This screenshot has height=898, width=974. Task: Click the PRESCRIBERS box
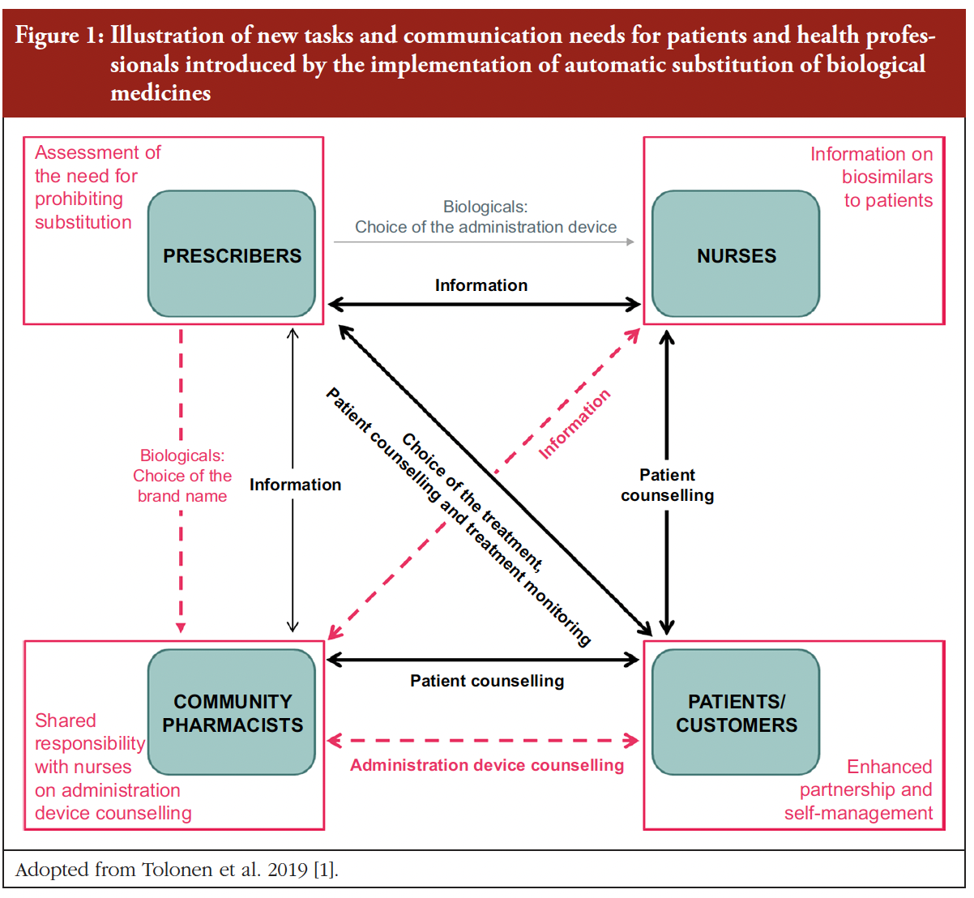coord(232,254)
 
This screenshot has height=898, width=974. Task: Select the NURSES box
coord(736,254)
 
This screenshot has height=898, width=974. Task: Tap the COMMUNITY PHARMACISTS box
coord(232,712)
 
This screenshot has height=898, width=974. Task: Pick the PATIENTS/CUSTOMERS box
coord(736,712)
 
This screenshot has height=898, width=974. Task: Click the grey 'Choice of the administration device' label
coord(485,227)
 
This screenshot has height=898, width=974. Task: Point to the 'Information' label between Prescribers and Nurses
coord(481,285)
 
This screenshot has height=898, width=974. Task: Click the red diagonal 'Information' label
coord(575,424)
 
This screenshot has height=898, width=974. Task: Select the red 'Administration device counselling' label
coord(487,765)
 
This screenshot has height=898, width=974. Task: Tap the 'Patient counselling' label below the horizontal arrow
coord(487,681)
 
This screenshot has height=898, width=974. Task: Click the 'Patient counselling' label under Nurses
coord(667,485)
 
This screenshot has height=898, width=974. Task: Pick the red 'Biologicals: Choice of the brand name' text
coord(182,476)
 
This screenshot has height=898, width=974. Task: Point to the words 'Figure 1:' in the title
coord(58,36)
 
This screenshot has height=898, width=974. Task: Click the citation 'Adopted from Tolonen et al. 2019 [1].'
coord(177,870)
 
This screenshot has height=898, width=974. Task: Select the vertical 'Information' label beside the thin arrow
coord(295,485)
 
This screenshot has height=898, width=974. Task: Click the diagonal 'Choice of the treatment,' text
coord(472,502)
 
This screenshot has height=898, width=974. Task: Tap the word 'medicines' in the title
coord(160,92)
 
